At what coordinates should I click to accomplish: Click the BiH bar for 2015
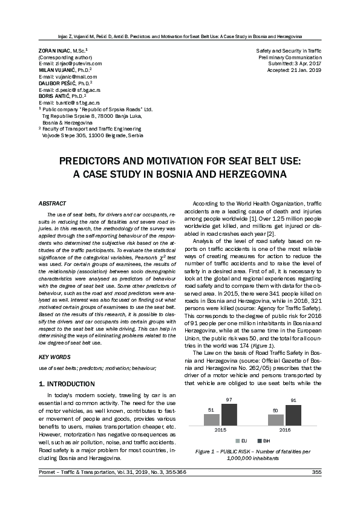tap(229, 415)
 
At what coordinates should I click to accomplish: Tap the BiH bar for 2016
tap(293, 415)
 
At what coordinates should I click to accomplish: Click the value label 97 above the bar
tap(229, 400)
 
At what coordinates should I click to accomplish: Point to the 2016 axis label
tap(284, 431)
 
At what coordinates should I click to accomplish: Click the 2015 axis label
tap(221, 431)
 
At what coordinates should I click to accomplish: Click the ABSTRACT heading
tap(52, 205)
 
